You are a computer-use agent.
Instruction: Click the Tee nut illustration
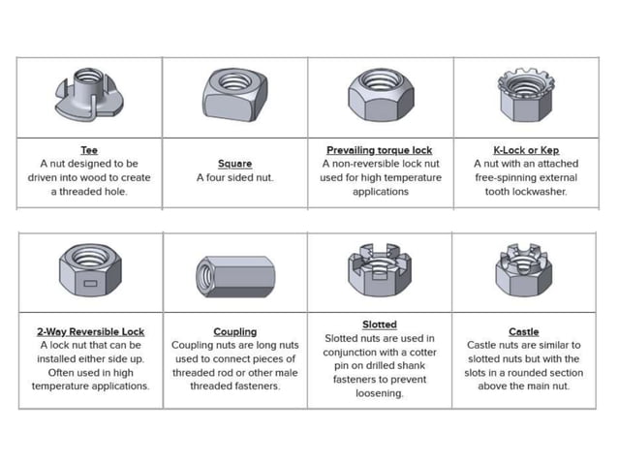coord(88,95)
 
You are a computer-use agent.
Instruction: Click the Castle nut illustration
coord(524,270)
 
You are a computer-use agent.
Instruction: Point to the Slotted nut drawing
coord(379,269)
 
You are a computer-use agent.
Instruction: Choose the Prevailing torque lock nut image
coord(379,95)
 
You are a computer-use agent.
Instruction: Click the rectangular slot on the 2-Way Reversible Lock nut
coord(88,284)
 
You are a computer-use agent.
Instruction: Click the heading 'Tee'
coord(89,151)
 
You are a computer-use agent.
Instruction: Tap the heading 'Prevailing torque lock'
coord(379,151)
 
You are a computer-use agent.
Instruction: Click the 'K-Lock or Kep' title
coord(524,151)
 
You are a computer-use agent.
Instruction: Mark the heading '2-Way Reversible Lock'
coord(89,331)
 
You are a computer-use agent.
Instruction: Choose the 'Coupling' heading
coord(234,331)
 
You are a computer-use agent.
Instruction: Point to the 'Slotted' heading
coord(379,324)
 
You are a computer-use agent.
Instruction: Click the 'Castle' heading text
coord(524,331)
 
